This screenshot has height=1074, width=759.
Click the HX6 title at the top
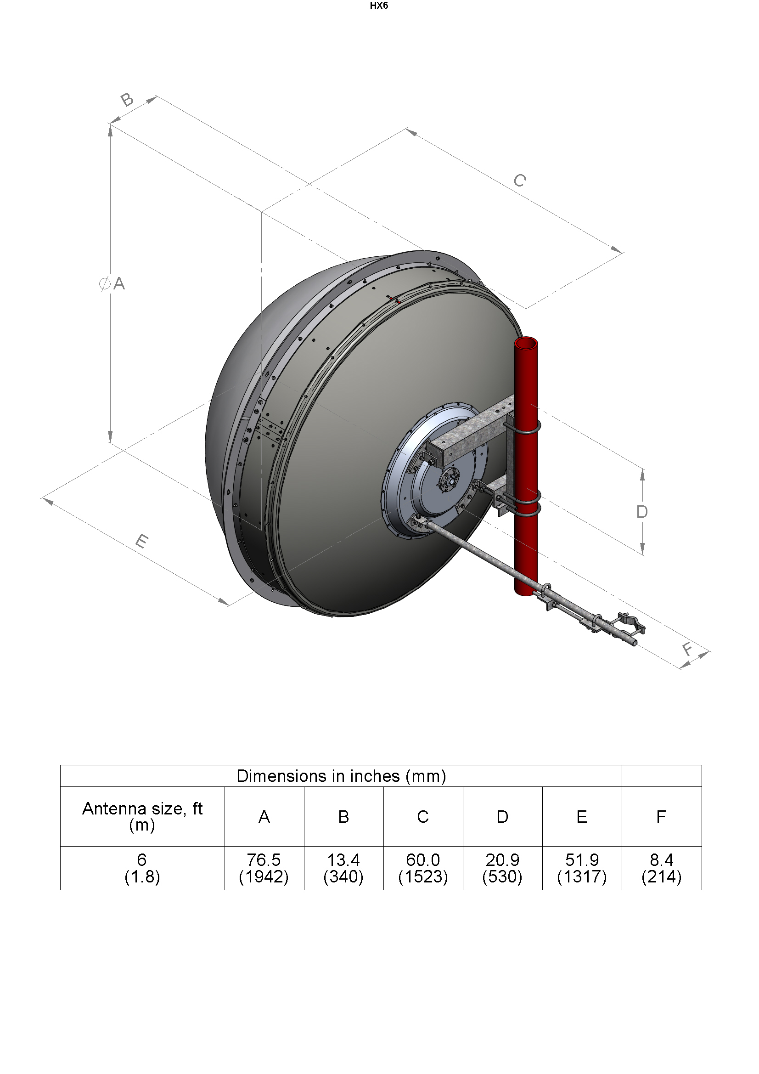(x=379, y=6)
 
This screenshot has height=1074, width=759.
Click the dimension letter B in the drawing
(x=127, y=100)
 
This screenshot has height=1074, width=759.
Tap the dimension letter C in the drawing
(x=520, y=181)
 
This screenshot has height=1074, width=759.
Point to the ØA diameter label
(x=112, y=283)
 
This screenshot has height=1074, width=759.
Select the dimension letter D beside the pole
(x=642, y=512)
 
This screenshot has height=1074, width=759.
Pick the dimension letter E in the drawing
(x=142, y=541)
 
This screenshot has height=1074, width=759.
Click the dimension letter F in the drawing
(x=687, y=649)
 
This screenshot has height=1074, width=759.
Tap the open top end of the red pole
(x=526, y=343)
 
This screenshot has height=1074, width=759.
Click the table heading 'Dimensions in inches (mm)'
(x=341, y=776)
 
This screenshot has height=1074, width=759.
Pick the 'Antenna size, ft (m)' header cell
(x=142, y=816)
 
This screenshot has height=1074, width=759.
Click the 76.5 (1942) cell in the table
(x=264, y=868)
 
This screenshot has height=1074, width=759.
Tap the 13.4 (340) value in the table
(x=343, y=868)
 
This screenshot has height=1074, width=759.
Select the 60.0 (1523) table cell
(x=423, y=868)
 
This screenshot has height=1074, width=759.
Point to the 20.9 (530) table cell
(x=502, y=868)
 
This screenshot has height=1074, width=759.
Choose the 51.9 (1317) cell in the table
(x=582, y=868)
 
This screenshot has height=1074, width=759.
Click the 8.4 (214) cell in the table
(x=661, y=868)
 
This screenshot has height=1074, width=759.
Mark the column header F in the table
(x=661, y=817)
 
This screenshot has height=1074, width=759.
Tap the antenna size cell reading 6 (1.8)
(x=142, y=868)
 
